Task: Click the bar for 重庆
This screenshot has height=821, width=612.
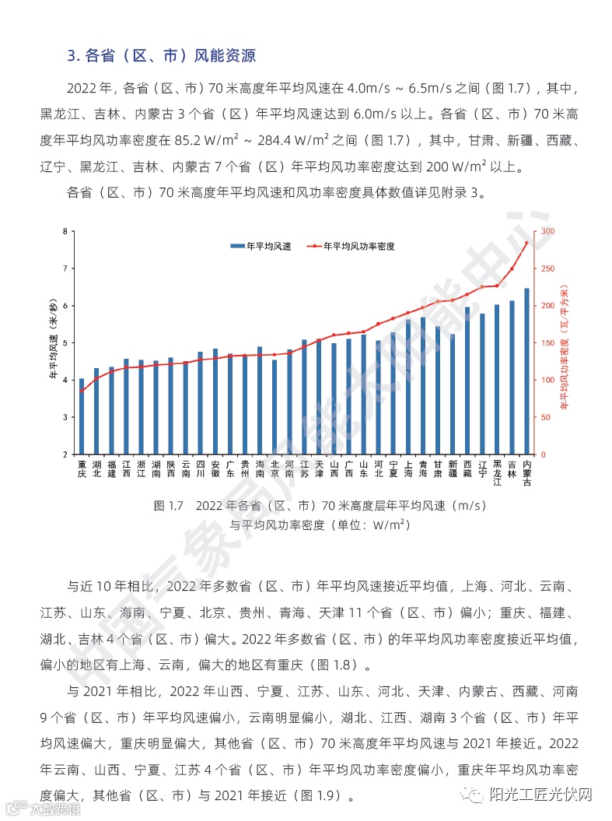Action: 82,416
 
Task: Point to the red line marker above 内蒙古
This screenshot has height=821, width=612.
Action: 526,243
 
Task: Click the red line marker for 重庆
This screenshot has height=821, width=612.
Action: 82,391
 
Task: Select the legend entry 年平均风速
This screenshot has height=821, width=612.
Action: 261,246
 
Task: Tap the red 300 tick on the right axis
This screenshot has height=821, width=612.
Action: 547,231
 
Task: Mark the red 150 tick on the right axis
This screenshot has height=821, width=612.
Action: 547,343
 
